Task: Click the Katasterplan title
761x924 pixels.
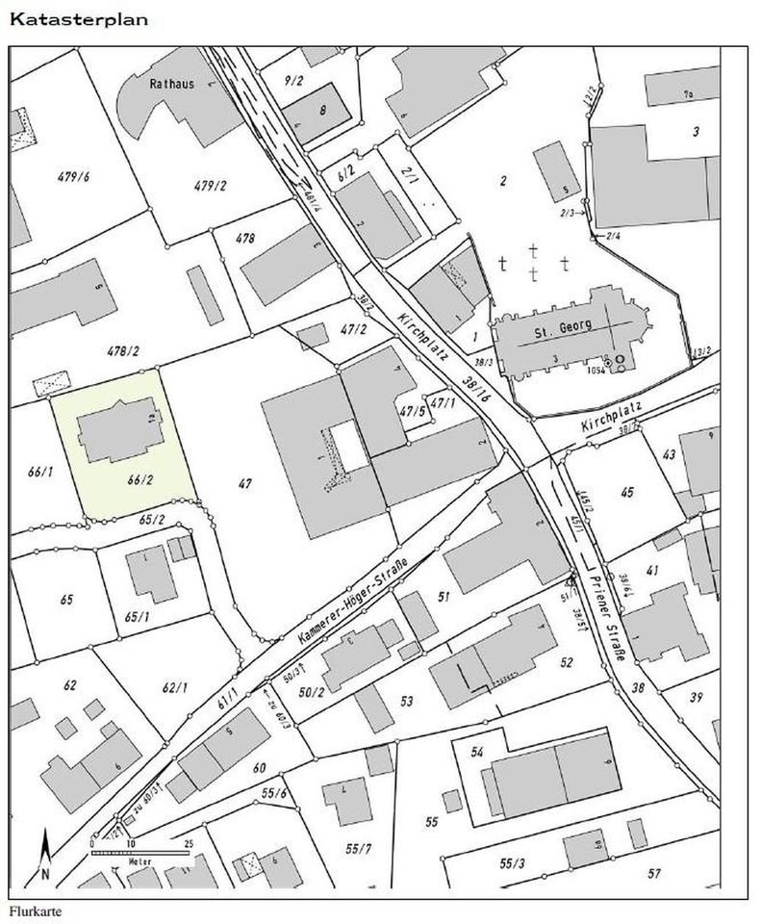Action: (79, 19)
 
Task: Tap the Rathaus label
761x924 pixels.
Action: (171, 84)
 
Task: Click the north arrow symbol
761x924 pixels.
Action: (44, 855)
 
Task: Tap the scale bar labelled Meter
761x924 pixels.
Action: (140, 852)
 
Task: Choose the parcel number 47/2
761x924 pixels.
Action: (354, 329)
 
